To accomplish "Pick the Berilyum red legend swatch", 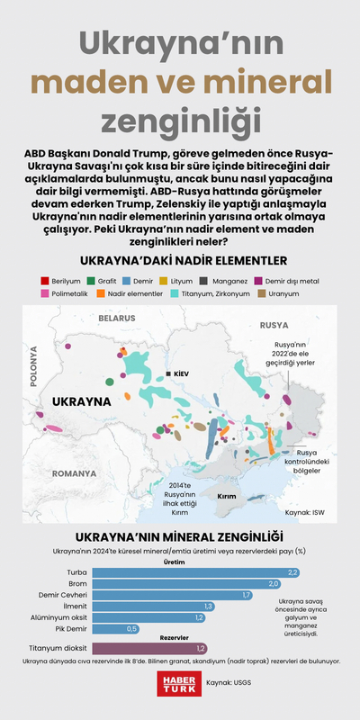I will click(46, 281).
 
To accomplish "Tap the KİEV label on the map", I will click(177, 373).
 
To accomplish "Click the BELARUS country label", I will click(116, 319).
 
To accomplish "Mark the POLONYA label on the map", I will click(34, 368).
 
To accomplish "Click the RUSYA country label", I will click(274, 326).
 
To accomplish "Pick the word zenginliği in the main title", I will click(180, 121).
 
